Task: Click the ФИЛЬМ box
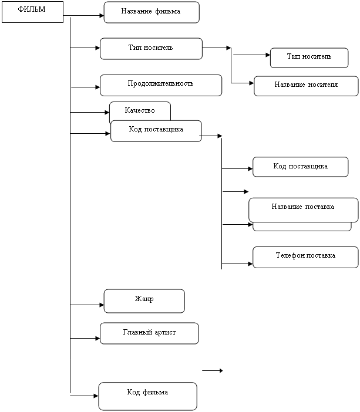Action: click(32, 12)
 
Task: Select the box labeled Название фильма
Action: click(151, 12)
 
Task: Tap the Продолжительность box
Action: click(160, 85)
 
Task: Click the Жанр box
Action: click(144, 300)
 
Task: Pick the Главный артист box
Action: click(149, 333)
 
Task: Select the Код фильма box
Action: click(147, 396)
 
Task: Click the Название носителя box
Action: click(306, 86)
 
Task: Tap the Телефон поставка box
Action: click(305, 257)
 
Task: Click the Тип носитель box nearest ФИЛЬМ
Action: click(151, 49)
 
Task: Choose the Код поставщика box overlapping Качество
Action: click(156, 131)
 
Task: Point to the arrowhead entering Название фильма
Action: click(101, 16)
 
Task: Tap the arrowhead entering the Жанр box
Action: click(101, 305)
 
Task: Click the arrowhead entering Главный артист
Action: click(97, 339)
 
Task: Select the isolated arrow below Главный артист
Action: click(213, 370)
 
